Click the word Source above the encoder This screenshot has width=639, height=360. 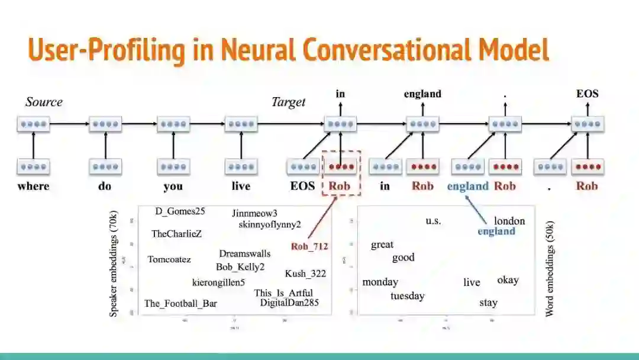(44, 102)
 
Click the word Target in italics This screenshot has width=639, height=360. (288, 102)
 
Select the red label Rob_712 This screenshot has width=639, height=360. (309, 246)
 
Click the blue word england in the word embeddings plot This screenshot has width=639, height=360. (496, 231)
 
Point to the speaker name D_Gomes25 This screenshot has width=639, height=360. (180, 211)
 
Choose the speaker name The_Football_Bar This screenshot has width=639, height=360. (180, 304)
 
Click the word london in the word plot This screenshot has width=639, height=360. (509, 221)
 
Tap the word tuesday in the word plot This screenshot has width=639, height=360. (407, 295)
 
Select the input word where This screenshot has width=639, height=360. (33, 186)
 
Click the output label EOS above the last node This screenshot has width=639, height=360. (587, 94)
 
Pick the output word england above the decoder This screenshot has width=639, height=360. (422, 94)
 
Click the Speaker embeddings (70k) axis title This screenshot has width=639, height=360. (114, 263)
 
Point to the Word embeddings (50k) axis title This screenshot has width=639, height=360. (550, 269)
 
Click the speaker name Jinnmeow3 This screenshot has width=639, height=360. (254, 213)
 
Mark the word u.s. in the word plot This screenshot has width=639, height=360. (433, 221)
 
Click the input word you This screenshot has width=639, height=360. (173, 186)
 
